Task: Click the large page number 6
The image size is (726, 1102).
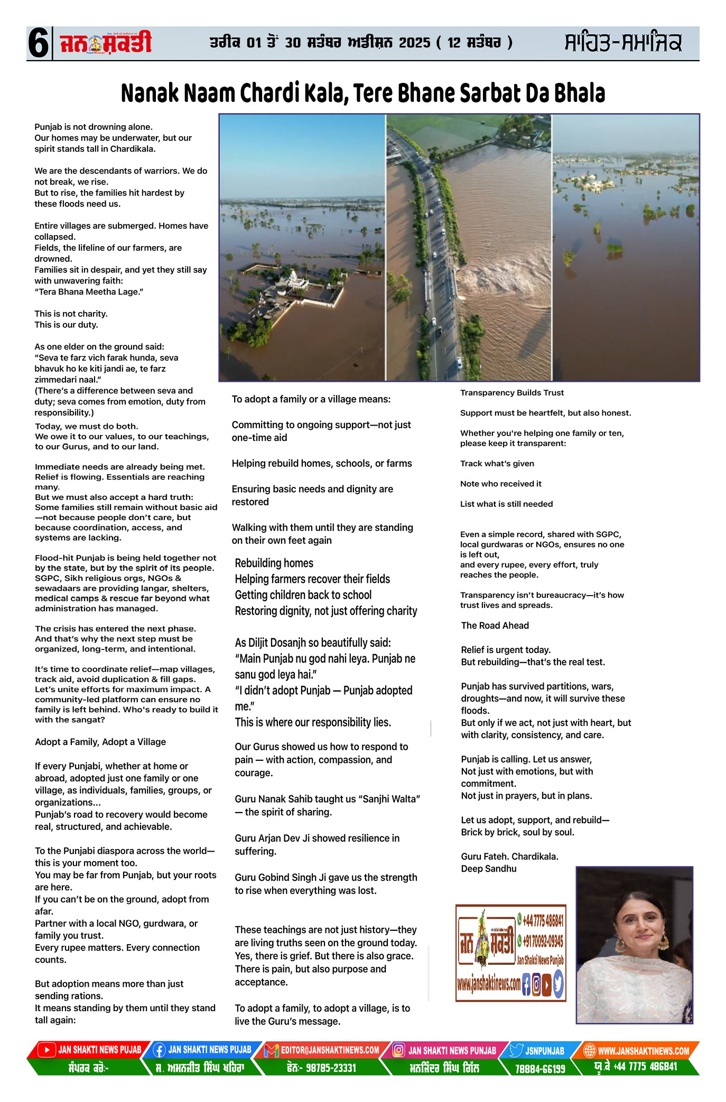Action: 39,43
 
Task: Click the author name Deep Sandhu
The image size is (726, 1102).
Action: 488,869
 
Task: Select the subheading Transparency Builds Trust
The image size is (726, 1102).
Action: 511,393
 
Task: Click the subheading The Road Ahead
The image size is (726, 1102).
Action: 495,626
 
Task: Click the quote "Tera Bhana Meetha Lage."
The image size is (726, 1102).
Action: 89,292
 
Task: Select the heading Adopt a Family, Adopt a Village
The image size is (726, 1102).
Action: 100,742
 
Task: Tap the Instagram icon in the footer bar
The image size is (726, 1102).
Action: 399,1050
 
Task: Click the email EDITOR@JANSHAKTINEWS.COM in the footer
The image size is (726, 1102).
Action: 330,1050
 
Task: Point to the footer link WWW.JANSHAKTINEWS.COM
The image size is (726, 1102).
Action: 643,1051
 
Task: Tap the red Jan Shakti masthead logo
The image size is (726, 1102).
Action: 106,43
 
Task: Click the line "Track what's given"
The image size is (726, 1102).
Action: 497,464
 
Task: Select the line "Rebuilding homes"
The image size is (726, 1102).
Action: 274,563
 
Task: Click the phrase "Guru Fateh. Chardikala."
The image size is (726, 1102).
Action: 509,856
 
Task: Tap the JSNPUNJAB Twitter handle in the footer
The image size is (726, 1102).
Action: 544,1051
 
